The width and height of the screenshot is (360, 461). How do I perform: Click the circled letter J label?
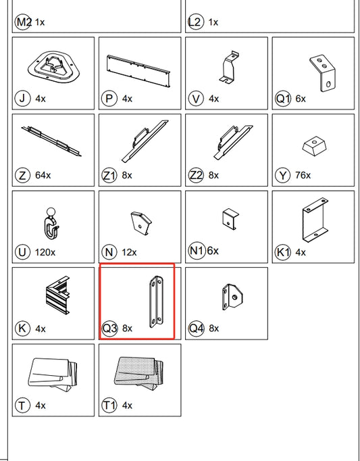[x=23, y=98]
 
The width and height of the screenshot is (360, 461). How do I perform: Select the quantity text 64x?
[x=43, y=175]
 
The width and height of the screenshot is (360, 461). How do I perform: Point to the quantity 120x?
[x=45, y=252]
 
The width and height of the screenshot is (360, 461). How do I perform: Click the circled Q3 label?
[x=109, y=328]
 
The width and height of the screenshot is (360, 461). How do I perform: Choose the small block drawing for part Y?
[x=315, y=146]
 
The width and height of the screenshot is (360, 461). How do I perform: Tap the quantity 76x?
[x=303, y=175]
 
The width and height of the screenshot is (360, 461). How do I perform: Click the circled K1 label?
[x=283, y=252]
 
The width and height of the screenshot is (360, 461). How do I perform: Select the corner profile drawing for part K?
[x=57, y=295]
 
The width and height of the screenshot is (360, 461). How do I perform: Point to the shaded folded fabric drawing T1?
[x=138, y=374]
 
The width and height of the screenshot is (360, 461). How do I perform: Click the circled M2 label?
[x=23, y=22]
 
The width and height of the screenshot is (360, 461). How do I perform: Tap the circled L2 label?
[x=195, y=22]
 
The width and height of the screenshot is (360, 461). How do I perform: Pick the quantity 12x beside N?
[x=129, y=252]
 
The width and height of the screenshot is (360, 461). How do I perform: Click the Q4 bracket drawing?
[x=232, y=297]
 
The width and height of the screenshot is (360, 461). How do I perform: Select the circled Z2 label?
[x=196, y=175]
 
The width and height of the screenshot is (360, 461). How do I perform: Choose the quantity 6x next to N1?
[x=213, y=251]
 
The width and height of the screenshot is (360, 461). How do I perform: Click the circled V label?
[x=196, y=98]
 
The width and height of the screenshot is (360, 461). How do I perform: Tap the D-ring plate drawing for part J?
[x=54, y=67]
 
